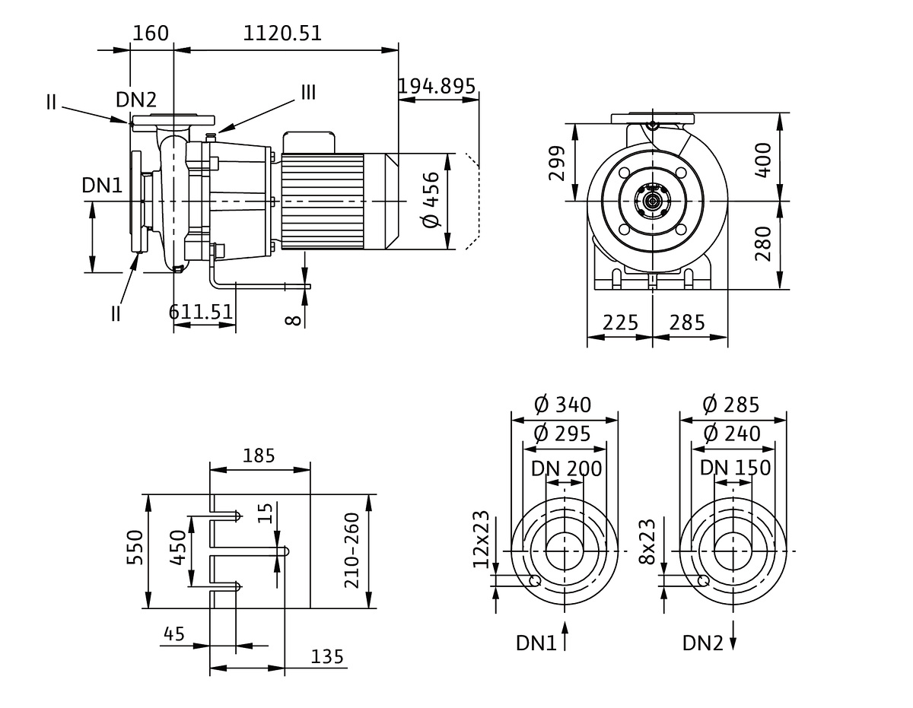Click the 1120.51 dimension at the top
click(x=282, y=33)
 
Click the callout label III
click(x=308, y=93)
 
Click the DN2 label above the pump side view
click(x=136, y=99)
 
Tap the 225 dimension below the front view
click(x=621, y=322)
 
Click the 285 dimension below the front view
click(x=687, y=322)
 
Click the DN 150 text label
click(x=735, y=468)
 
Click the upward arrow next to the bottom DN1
click(x=565, y=636)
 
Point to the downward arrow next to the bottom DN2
click(x=734, y=636)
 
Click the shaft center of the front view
click(x=652, y=201)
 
